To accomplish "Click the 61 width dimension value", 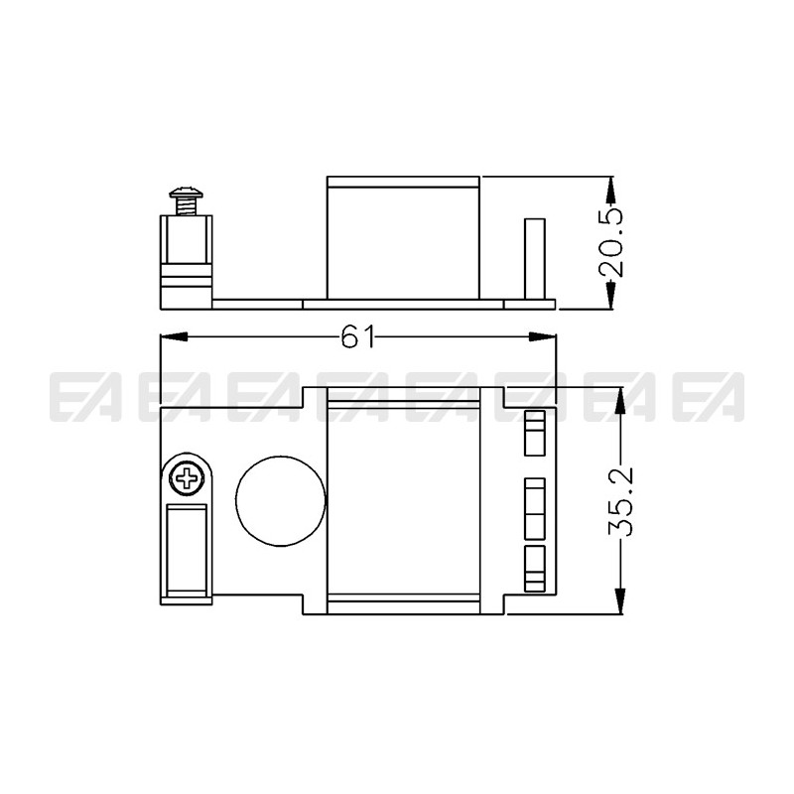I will coord(357,338).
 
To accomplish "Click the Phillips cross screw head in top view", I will coord(189,481).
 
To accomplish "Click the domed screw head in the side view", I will coord(186,194).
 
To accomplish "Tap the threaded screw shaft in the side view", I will coord(186,207).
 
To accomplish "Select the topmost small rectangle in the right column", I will coord(535,432).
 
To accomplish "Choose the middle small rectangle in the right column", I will coord(535,505).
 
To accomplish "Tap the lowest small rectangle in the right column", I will coord(535,569).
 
